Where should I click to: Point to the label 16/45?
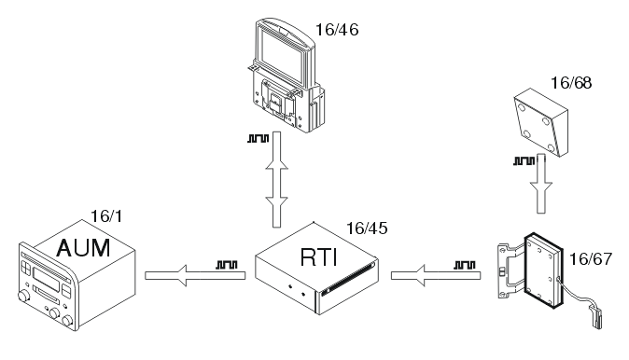click(x=367, y=227)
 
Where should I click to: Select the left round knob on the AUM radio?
click(x=22, y=300)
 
